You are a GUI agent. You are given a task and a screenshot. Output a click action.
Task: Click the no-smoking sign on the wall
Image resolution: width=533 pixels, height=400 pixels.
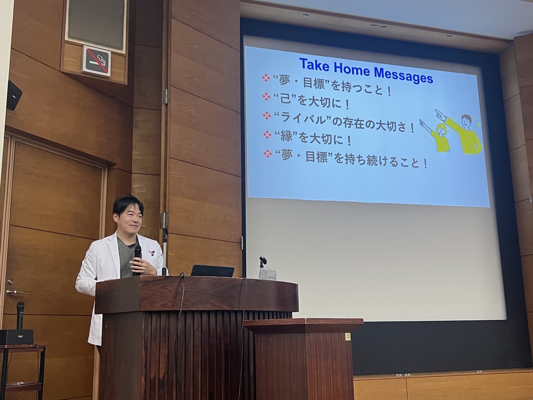tap(96, 61)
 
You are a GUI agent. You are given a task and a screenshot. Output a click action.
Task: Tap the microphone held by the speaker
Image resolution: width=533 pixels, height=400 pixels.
tap(137, 260)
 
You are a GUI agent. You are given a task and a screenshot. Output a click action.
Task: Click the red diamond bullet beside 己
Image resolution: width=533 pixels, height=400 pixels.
tap(266, 96)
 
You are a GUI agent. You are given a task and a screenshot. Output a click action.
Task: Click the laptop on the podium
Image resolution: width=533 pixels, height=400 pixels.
tap(212, 271)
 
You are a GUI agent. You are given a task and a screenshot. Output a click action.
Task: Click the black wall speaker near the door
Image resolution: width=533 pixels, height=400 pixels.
tap(13, 96)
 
